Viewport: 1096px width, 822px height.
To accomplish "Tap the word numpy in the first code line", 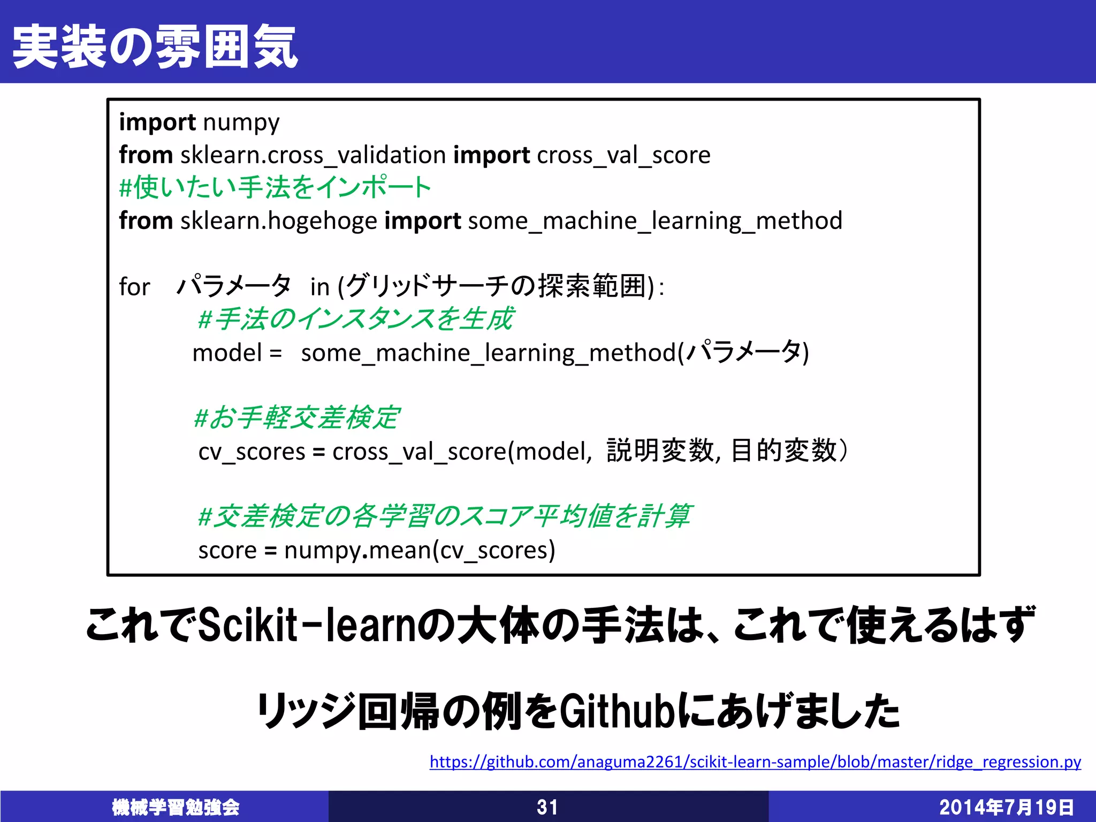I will point(241,123).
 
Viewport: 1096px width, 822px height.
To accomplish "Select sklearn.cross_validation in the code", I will point(313,156).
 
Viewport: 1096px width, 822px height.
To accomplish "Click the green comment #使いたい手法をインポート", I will point(275,188).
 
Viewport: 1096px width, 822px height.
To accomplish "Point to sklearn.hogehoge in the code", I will point(279,221).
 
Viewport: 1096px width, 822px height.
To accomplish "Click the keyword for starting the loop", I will point(134,287).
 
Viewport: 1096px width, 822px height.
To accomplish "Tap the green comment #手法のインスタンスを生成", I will point(356,319).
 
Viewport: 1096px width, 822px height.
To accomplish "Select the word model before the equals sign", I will point(227,353).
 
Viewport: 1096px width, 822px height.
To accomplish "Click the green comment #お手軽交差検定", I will point(297,418).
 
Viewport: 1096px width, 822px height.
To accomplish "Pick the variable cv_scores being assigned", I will point(252,452).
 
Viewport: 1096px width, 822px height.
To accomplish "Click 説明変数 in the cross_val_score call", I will point(660,451).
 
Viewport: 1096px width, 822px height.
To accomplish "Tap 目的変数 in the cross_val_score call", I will point(783,451).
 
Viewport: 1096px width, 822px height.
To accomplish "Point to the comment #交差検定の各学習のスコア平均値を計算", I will point(445,516).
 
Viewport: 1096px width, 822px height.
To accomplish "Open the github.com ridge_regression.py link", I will point(755,762).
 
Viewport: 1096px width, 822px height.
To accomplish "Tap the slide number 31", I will point(547,807).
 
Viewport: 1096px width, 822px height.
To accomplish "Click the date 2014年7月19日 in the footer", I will point(1006,807).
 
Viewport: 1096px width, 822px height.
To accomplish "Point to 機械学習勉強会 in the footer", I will point(176,807).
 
